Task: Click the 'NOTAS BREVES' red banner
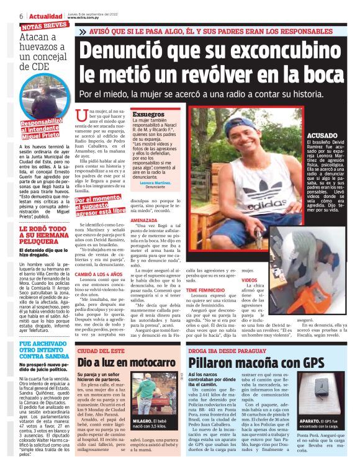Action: (44, 26)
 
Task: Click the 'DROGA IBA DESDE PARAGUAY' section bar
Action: (227, 351)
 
